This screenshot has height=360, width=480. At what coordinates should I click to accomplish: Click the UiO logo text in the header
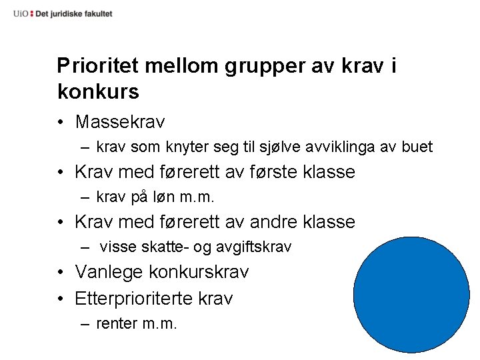click(21, 13)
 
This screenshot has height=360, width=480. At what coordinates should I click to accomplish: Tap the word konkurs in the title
click(99, 91)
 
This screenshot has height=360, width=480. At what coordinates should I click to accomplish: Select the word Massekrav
click(120, 122)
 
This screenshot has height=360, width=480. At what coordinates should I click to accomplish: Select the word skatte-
click(166, 247)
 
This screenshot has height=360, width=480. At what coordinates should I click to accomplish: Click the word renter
click(117, 324)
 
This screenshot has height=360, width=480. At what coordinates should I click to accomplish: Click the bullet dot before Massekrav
click(61, 123)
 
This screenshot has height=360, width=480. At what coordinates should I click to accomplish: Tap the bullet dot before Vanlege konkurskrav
click(61, 273)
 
